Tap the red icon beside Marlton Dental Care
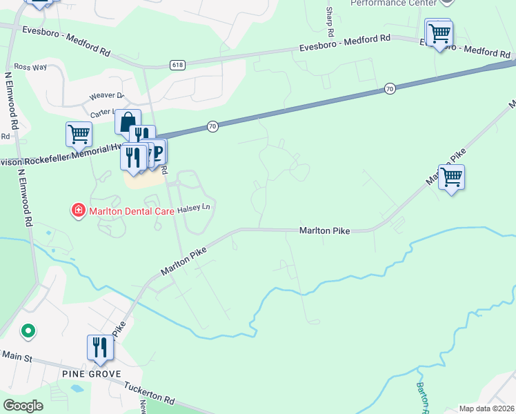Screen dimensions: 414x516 [79, 209]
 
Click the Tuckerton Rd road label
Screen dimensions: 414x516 [149, 393]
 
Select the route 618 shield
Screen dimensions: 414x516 [177, 65]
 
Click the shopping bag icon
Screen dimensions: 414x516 [128, 121]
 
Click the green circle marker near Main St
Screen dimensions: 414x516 [28, 332]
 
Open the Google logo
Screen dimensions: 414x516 [23, 405]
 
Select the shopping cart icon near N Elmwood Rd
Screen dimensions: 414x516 [79, 133]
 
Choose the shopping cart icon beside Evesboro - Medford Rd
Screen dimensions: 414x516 [439, 32]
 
